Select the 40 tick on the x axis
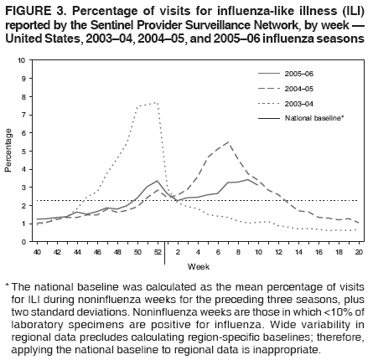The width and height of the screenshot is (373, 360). click(37, 251)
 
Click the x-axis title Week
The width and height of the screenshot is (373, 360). click(198, 266)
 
